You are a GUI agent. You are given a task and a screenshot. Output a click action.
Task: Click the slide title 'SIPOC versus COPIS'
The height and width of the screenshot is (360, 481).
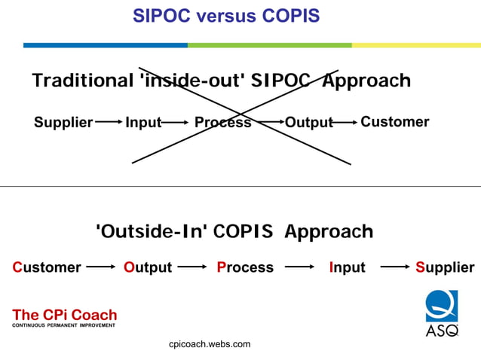tap(226, 15)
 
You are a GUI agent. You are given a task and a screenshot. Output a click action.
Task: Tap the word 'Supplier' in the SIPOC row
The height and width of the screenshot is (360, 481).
tap(63, 122)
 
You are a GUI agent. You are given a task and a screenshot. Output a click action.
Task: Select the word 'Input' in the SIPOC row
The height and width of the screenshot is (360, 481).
tap(142, 122)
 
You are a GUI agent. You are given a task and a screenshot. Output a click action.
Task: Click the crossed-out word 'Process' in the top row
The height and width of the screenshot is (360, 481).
tap(222, 122)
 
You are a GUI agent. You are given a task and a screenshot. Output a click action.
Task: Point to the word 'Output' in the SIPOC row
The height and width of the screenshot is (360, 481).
tap(308, 122)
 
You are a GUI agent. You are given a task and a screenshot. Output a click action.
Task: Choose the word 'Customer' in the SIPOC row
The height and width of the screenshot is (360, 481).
tap(394, 122)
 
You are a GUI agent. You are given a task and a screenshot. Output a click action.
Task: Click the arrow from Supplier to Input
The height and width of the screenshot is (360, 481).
tap(109, 121)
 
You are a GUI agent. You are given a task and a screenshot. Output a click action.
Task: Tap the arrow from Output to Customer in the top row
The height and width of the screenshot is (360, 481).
tap(345, 121)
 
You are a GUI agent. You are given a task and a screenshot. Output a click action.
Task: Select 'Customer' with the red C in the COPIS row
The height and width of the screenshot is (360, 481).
tap(47, 267)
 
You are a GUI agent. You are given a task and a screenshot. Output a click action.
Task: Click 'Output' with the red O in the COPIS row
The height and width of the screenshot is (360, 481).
tap(148, 267)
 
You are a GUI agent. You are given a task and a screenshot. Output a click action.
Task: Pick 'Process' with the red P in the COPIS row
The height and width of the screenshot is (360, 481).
tap(245, 267)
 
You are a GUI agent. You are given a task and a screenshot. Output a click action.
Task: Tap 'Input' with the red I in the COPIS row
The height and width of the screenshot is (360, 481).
tap(347, 267)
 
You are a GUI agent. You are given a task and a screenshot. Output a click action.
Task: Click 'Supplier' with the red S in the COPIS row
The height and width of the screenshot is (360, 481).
tap(445, 267)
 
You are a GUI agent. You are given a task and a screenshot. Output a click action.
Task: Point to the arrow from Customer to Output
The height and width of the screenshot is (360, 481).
tap(100, 267)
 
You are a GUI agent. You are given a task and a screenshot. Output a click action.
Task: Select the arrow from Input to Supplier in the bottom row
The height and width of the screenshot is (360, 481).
tap(395, 267)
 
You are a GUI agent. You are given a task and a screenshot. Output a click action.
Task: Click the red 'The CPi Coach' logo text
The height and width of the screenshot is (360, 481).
tap(65, 315)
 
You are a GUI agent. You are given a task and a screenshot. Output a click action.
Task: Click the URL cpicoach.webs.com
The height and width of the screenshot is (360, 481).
tap(210, 344)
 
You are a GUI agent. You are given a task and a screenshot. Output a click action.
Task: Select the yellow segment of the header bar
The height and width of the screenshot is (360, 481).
tap(415, 45)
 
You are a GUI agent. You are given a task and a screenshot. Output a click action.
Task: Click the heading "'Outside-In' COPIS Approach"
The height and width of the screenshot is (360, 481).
tap(234, 231)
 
